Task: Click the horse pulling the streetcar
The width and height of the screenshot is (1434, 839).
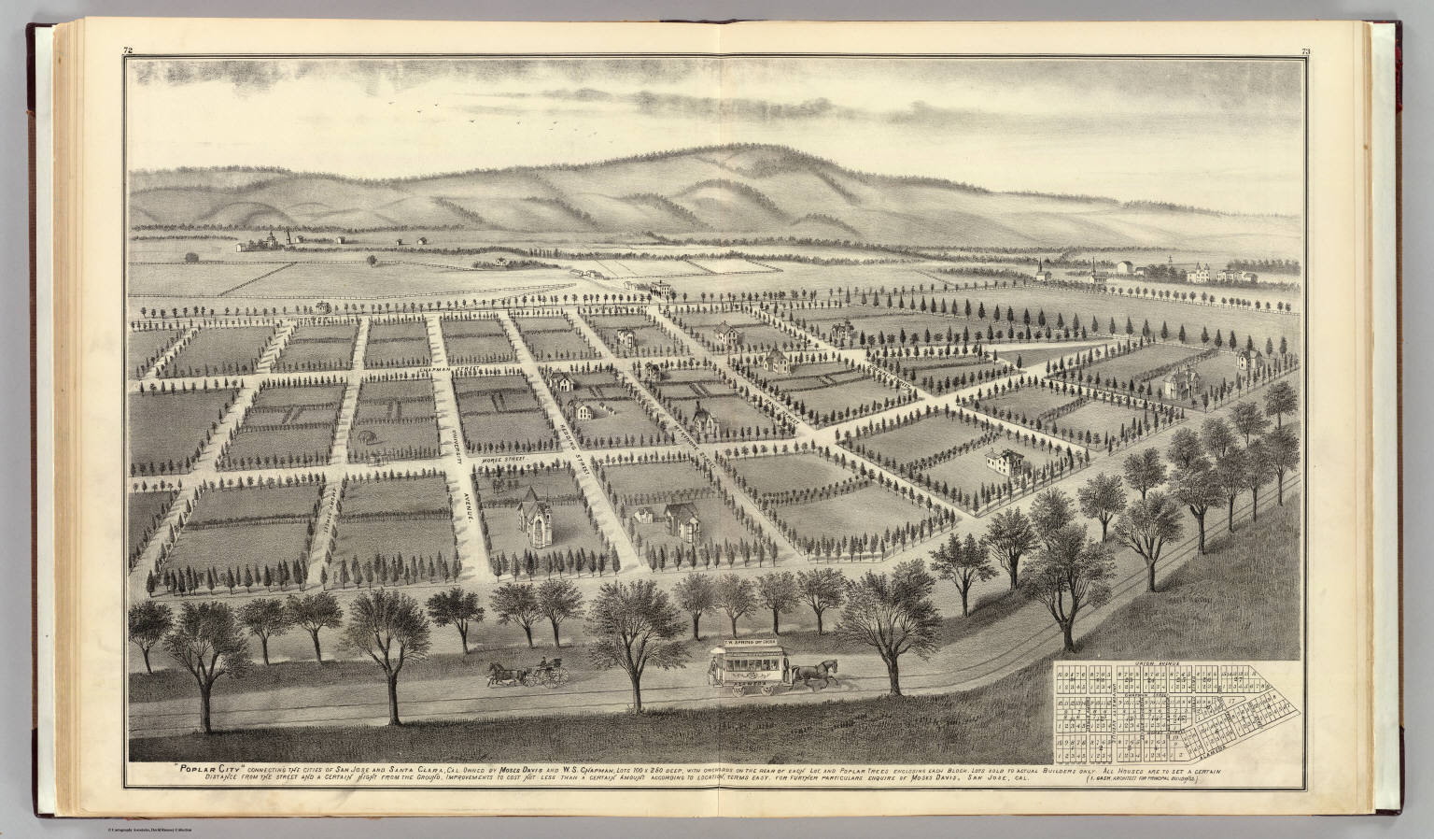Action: coord(815,674)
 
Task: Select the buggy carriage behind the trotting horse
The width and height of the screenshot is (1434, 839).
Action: coord(543,675)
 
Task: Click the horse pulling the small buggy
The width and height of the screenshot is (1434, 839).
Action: coord(504,675)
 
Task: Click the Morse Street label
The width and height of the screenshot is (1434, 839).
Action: coord(503,461)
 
